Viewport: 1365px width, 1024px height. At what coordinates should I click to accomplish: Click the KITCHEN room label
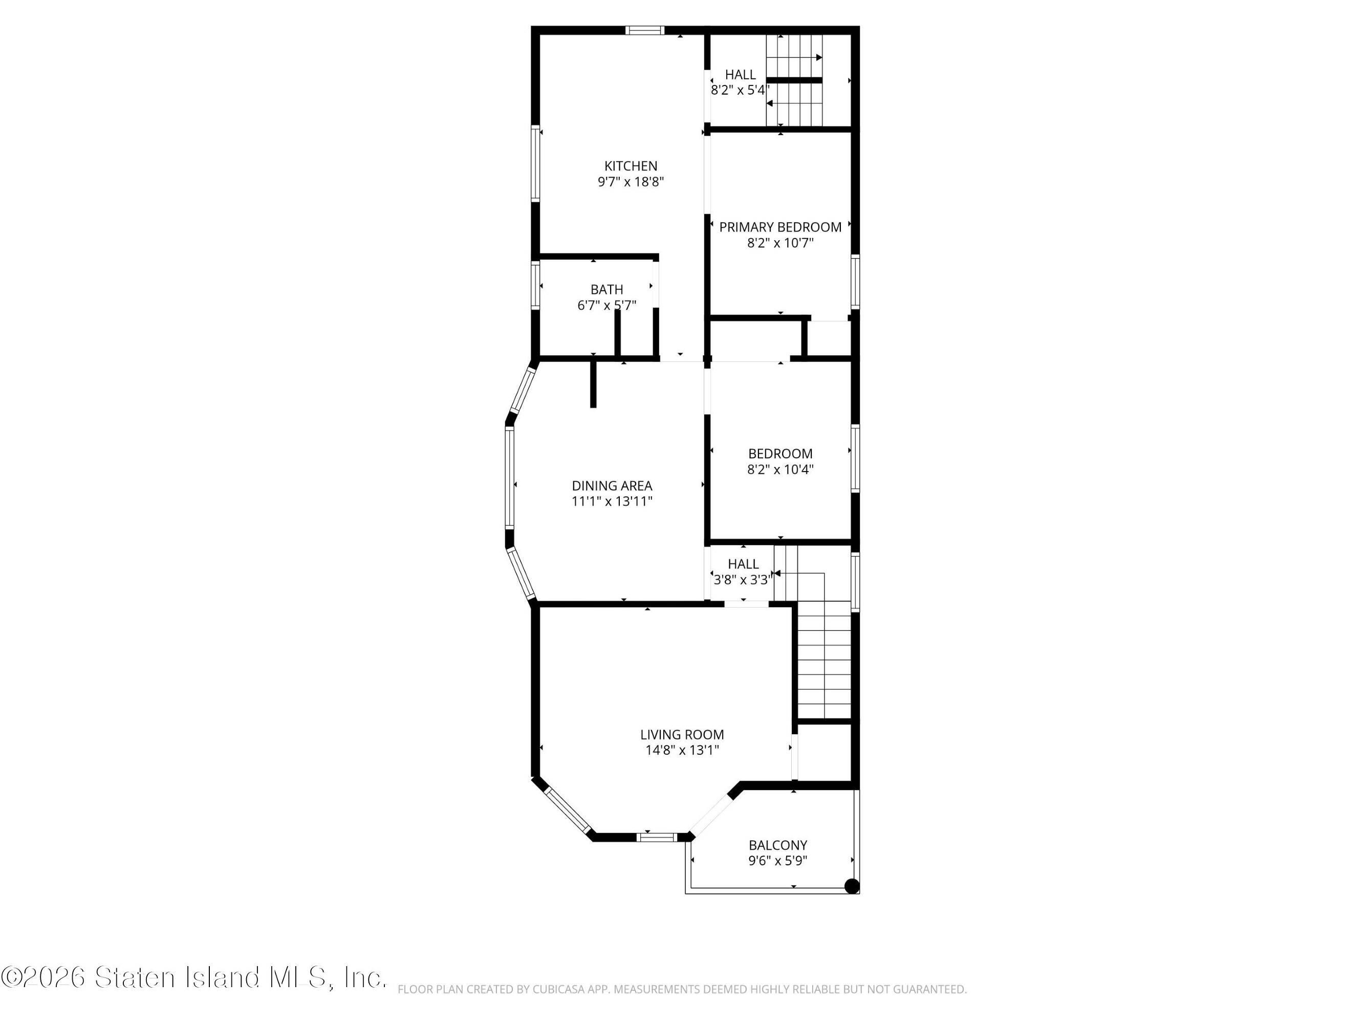point(630,166)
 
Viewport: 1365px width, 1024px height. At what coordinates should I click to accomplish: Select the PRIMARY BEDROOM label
point(780,227)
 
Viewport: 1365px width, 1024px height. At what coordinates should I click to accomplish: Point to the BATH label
point(606,289)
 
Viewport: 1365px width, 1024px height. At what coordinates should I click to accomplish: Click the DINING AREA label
point(612,486)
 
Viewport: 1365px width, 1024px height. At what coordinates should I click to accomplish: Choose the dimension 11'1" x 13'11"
point(612,501)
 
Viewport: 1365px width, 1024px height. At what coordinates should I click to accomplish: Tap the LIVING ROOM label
point(682,735)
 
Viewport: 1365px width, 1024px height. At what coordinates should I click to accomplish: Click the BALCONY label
point(777,845)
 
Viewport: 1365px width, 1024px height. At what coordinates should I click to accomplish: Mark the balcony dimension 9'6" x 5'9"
point(777,861)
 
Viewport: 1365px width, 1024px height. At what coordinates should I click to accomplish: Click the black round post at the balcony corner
point(852,886)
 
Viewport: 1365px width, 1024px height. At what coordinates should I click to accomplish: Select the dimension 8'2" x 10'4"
point(780,469)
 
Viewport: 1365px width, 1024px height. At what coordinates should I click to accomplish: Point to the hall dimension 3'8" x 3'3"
point(742,580)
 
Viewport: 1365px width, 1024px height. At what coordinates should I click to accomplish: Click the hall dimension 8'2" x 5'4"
point(740,90)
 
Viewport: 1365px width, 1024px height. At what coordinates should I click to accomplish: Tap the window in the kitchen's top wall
point(645,30)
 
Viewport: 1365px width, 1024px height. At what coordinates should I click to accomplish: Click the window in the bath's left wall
point(536,285)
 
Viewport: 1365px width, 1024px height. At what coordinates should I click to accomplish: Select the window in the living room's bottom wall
point(657,837)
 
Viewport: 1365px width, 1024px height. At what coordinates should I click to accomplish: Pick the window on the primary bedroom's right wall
point(855,282)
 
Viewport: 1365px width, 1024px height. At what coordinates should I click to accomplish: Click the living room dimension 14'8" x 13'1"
point(682,750)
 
